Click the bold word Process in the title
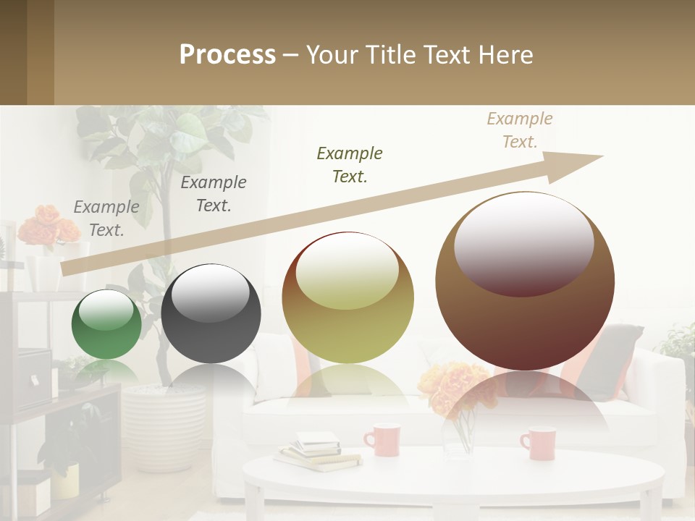click(227, 55)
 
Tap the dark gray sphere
click(211, 313)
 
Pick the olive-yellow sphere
click(347, 298)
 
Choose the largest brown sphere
click(525, 281)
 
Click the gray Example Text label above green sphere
click(106, 219)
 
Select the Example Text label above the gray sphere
click(214, 194)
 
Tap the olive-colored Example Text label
click(350, 164)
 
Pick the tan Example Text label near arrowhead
click(520, 130)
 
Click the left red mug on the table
click(382, 439)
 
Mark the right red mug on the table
click(538, 443)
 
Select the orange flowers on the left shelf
click(48, 225)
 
